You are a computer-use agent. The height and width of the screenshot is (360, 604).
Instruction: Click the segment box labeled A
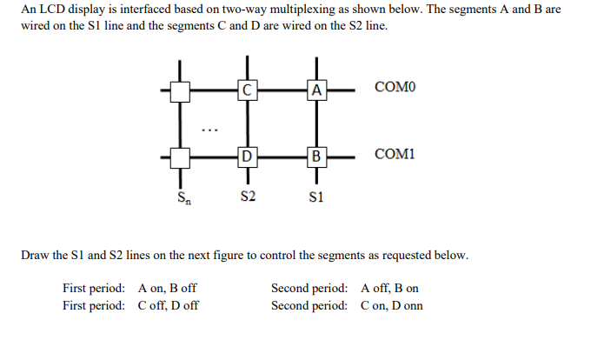[316, 89]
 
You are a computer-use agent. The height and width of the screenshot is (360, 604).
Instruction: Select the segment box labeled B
[316, 157]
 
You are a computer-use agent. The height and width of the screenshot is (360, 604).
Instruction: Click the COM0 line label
[395, 88]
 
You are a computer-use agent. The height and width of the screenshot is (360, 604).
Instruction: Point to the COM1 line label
[395, 155]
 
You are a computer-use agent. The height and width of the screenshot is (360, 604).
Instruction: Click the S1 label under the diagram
[316, 197]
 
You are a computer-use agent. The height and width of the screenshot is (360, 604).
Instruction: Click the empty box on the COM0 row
[181, 90]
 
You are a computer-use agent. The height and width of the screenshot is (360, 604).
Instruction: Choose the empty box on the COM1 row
[181, 157]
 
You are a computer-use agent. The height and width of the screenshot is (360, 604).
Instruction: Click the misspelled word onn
[412, 305]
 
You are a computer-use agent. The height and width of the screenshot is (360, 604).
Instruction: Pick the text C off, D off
[168, 305]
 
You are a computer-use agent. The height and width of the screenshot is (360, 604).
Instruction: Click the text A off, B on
[389, 288]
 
